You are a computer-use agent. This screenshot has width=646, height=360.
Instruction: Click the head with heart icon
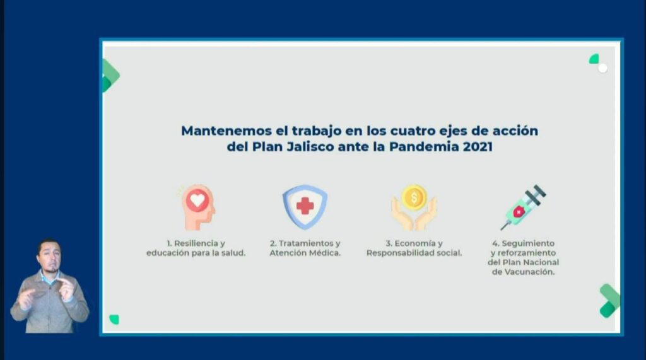click(x=197, y=207)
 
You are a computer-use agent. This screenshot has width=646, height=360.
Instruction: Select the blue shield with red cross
click(x=305, y=207)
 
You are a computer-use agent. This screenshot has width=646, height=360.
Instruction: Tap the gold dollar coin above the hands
click(x=414, y=197)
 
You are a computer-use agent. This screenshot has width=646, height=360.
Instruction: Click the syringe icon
click(x=523, y=207)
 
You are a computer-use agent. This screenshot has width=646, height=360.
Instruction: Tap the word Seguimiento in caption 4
click(x=528, y=243)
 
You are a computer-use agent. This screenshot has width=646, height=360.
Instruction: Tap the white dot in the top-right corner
click(x=602, y=68)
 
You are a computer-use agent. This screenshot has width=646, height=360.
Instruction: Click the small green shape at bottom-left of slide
click(x=114, y=319)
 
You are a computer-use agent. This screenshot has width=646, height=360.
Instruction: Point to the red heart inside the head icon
click(x=197, y=200)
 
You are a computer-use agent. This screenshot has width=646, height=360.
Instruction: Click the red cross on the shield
click(x=305, y=206)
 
